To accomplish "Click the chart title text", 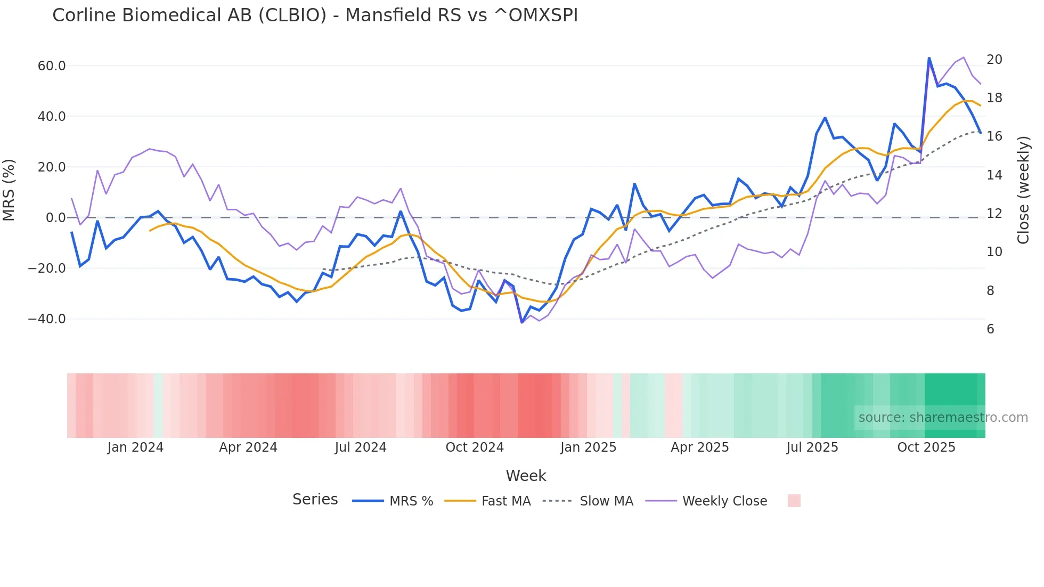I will pyautogui.click(x=315, y=15).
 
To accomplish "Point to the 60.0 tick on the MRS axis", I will pyautogui.click(x=52, y=66).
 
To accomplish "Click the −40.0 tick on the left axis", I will pyautogui.click(x=47, y=319).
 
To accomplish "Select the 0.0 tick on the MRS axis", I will pyautogui.click(x=55, y=218).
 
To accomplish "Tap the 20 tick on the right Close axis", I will pyautogui.click(x=994, y=60).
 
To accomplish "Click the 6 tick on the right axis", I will pyautogui.click(x=990, y=329).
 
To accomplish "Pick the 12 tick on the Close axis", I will pyautogui.click(x=994, y=214).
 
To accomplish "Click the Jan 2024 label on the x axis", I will pyautogui.click(x=135, y=447).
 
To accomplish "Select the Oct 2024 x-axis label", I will pyautogui.click(x=475, y=447).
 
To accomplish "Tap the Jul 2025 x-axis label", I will pyautogui.click(x=812, y=447).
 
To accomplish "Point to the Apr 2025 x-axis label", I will pyautogui.click(x=699, y=447).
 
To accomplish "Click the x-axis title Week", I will pyautogui.click(x=526, y=476).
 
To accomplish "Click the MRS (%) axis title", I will pyautogui.click(x=9, y=190).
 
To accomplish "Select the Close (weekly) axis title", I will pyautogui.click(x=1023, y=190).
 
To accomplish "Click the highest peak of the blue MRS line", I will pyautogui.click(x=929, y=58).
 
